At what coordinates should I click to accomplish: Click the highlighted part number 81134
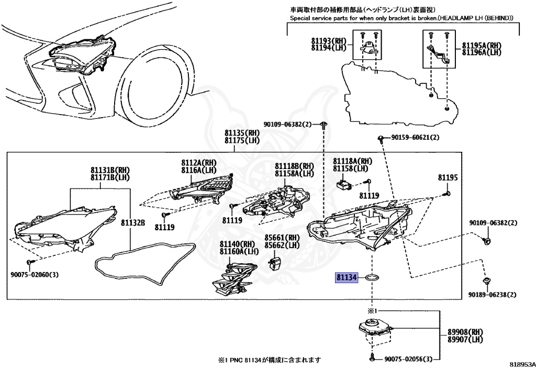[346, 277]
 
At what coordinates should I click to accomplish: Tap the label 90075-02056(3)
[409, 359]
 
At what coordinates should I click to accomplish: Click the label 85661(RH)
[281, 237]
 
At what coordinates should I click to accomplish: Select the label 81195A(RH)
[481, 46]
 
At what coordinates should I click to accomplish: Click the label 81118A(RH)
[353, 161]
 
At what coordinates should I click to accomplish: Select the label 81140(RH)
[237, 244]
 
